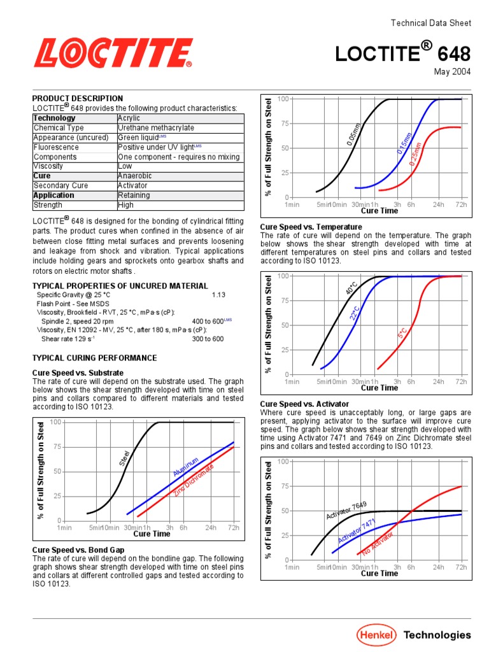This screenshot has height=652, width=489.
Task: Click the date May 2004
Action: (453, 71)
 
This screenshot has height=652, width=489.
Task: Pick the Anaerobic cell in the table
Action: (135, 176)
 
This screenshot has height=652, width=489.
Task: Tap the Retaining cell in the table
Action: (134, 195)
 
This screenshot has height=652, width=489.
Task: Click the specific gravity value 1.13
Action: (218, 295)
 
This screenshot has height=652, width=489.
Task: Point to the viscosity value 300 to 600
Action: (208, 339)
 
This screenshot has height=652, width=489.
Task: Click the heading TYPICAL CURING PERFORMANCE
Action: (94, 358)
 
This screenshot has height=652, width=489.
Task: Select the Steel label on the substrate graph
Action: (125, 457)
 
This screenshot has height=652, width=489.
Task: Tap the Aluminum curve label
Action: (185, 466)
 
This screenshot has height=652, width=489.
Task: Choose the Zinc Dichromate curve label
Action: (193, 481)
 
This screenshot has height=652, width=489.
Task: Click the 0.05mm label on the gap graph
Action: (354, 134)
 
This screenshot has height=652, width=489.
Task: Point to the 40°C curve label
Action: (351, 288)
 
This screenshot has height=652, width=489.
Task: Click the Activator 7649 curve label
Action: (346, 509)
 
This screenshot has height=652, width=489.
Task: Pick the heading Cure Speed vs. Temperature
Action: (311, 227)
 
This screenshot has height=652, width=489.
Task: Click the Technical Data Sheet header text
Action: (430, 23)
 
